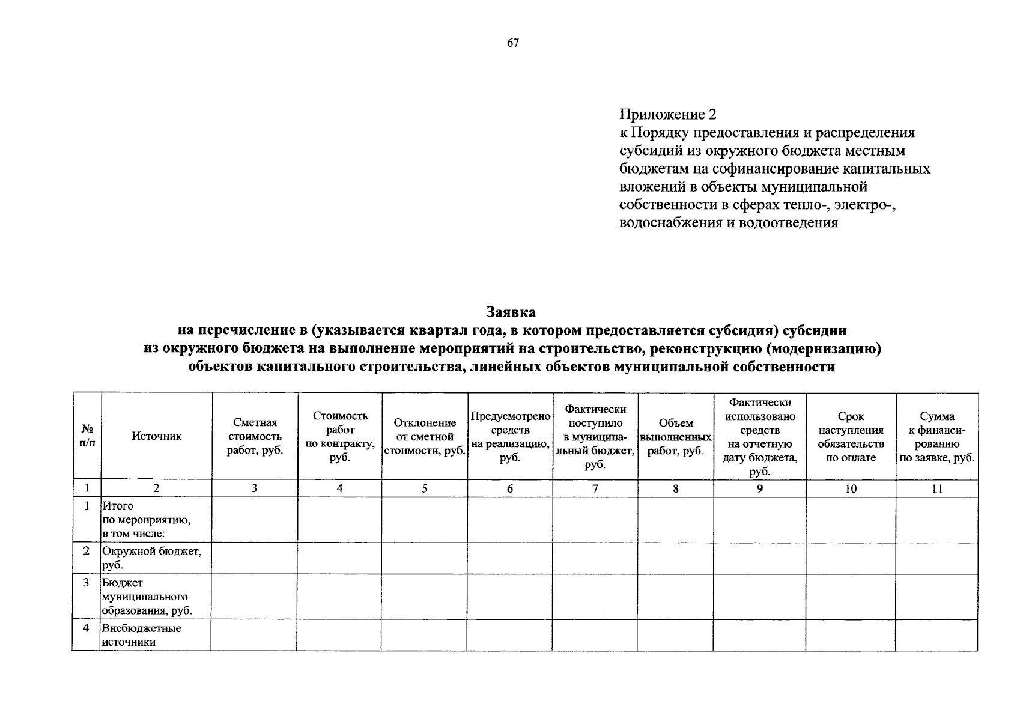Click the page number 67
512,43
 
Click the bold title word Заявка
511,312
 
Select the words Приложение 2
668,114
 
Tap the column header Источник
156,437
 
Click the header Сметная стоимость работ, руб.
255,437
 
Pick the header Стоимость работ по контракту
340,437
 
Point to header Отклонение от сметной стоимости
425,437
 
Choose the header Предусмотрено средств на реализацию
510,437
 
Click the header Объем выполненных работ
676,437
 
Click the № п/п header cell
87,436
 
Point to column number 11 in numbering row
937,488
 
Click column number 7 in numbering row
595,488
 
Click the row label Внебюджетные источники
142,635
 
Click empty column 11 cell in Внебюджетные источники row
937,635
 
